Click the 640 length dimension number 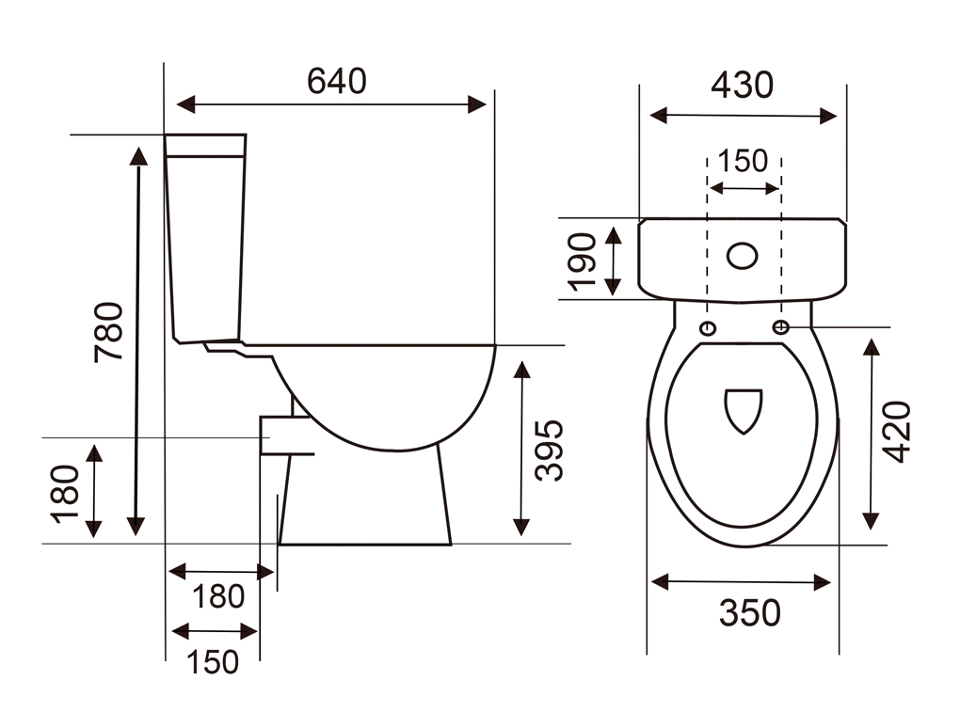pyautogui.click(x=337, y=81)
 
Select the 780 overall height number pyautogui.click(x=109, y=332)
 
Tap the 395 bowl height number pyautogui.click(x=549, y=451)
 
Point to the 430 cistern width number pyautogui.click(x=742, y=85)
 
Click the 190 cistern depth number pyautogui.click(x=582, y=261)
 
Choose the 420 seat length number pyautogui.click(x=896, y=432)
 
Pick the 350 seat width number pyautogui.click(x=750, y=613)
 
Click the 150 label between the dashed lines pyautogui.click(x=742, y=161)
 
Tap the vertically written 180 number pyautogui.click(x=65, y=494)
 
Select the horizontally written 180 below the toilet pyautogui.click(x=218, y=596)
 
